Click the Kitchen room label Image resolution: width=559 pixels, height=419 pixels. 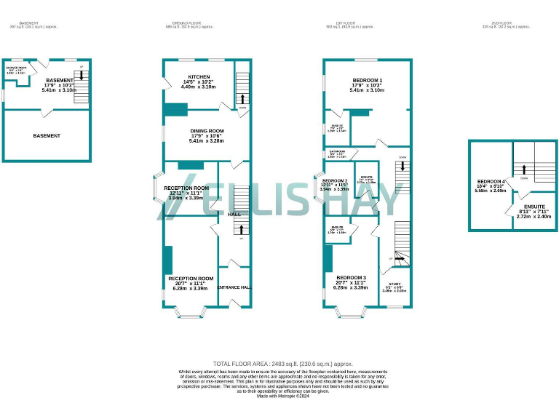pos(199,76)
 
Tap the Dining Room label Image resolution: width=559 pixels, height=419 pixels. pos(207,131)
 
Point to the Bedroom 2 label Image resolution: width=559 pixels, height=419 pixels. pos(335,180)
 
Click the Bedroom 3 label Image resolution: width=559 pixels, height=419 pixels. pos(351,278)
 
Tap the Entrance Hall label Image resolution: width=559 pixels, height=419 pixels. pos(234,288)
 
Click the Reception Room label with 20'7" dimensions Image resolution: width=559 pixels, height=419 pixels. pos(191,279)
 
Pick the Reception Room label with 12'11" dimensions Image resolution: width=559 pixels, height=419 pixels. pos(186,188)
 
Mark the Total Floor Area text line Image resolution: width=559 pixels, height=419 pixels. pos(282,363)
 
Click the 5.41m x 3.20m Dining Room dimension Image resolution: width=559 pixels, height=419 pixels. pos(207,140)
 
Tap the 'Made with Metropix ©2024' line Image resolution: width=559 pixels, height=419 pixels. pos(282,395)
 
